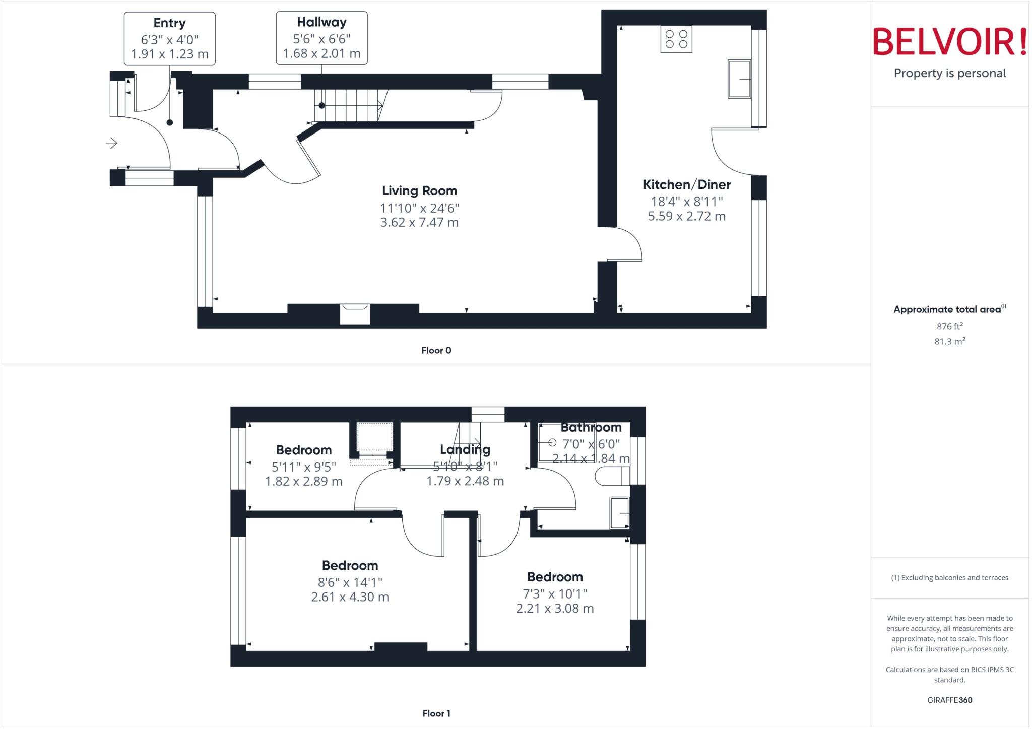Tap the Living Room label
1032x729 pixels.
[419, 191]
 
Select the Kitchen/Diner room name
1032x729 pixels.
[686, 185]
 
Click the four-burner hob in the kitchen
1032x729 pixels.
[676, 39]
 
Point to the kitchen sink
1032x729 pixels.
[739, 79]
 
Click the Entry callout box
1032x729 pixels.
[170, 39]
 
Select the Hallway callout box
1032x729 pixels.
[321, 38]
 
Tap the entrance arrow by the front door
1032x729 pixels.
[112, 143]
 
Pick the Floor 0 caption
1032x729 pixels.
[436, 350]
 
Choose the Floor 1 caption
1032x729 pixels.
[436, 713]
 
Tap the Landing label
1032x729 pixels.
[465, 449]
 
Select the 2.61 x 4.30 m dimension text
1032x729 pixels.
[350, 597]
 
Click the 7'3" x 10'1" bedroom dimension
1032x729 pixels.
[555, 594]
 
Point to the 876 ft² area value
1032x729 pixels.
[949, 326]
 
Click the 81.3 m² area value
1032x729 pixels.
[949, 342]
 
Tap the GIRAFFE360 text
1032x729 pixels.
[949, 700]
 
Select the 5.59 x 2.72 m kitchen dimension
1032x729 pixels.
[686, 216]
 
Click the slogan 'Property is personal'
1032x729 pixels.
[949, 74]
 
